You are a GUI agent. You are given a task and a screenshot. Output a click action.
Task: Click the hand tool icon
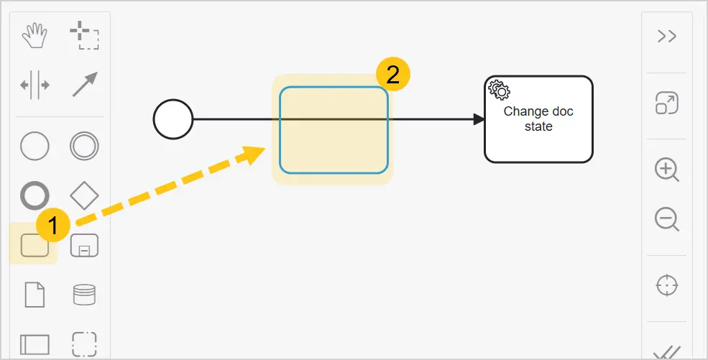[x=35, y=36]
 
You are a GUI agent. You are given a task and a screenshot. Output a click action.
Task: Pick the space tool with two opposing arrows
[x=35, y=85]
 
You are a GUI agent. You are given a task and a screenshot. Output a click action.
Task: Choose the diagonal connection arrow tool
[x=84, y=84]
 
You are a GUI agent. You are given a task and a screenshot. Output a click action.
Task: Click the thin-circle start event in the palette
[x=35, y=146]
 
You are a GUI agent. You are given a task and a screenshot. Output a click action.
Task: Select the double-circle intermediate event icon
[x=84, y=146]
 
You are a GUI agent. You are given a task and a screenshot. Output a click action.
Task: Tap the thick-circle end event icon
[x=35, y=195]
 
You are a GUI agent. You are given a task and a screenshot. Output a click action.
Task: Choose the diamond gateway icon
[x=84, y=195]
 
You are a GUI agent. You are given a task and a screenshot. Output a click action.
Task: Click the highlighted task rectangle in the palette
[x=35, y=246]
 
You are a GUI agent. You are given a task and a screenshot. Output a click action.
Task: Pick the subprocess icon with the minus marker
[x=84, y=246]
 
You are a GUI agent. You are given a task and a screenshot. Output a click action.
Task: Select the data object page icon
[x=35, y=295]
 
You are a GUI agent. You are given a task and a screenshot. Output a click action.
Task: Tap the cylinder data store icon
[x=84, y=295]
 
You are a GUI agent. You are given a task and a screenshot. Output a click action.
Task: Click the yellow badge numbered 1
[x=53, y=225]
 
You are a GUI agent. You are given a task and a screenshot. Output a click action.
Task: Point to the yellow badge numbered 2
[x=393, y=75]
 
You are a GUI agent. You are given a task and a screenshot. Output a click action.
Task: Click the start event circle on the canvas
[x=173, y=119]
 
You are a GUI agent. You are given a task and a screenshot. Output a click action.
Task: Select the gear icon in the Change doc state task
[x=500, y=91]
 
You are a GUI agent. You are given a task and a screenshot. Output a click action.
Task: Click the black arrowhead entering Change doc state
[x=479, y=119]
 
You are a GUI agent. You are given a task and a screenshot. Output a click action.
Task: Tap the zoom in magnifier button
[x=667, y=170]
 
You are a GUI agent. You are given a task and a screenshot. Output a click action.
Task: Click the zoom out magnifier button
[x=667, y=220]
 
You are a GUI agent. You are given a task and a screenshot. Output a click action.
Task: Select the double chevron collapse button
[x=667, y=36]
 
